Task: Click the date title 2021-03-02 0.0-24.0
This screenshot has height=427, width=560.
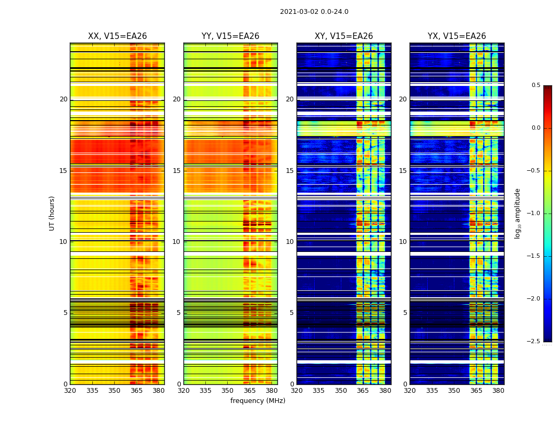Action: click(x=314, y=12)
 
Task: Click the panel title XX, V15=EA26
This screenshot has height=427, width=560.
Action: click(x=117, y=36)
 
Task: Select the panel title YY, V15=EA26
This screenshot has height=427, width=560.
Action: click(x=230, y=36)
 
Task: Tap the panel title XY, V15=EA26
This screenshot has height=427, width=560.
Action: click(x=343, y=36)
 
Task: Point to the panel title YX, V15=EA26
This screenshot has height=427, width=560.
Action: click(x=457, y=36)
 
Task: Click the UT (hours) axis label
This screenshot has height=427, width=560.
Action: click(x=52, y=213)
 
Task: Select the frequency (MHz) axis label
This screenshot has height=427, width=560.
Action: click(x=258, y=401)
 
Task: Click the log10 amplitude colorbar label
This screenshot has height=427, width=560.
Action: click(x=517, y=213)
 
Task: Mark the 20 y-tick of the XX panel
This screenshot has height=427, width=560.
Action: click(x=63, y=99)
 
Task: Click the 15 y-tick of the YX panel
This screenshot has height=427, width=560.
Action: click(x=403, y=171)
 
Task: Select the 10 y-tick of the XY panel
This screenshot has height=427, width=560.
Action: click(x=290, y=242)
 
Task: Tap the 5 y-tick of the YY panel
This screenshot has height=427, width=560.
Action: click(x=179, y=313)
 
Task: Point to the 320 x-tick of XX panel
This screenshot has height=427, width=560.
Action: click(x=70, y=391)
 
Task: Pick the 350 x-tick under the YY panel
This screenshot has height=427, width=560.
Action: click(x=227, y=391)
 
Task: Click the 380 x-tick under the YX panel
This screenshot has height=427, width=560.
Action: click(x=498, y=391)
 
